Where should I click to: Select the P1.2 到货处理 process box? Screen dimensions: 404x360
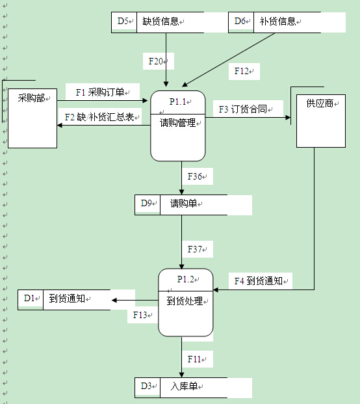pos(186,302)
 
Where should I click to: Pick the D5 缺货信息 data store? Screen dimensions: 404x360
pos(158,21)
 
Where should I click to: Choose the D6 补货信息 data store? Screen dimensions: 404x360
pos(275,21)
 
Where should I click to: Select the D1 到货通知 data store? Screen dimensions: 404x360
pos(64,299)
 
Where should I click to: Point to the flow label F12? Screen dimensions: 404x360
pos(244,71)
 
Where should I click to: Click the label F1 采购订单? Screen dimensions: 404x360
pos(103,92)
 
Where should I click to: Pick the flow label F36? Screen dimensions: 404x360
pos(197,176)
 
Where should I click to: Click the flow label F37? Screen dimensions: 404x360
pos(197,249)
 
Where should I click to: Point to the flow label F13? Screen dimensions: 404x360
pos(141,315)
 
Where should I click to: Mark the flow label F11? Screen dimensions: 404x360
pos(197,358)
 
